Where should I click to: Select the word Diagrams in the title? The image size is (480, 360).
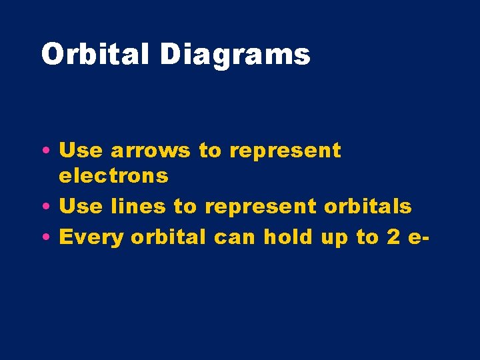click(235, 55)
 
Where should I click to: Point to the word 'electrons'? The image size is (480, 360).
click(113, 176)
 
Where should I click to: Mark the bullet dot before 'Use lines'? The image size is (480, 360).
click(51, 207)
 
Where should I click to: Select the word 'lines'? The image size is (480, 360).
click(138, 207)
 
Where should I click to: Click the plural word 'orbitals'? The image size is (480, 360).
click(368, 207)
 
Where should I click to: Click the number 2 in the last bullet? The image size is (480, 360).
click(393, 237)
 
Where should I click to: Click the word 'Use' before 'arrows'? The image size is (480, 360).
click(81, 151)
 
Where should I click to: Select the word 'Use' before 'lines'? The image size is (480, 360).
click(81, 207)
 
